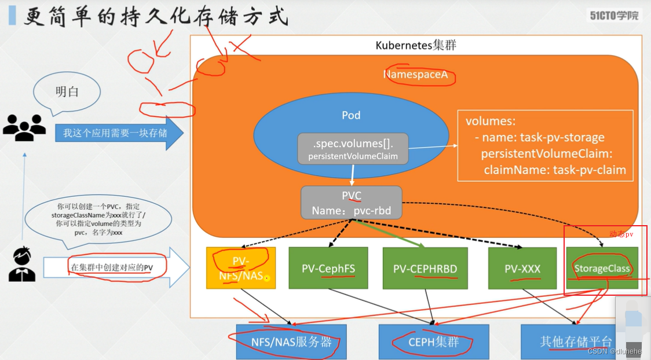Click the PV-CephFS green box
(328, 268)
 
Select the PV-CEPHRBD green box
(425, 268)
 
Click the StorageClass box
(602, 268)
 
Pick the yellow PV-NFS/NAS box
(240, 268)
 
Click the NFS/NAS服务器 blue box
(291, 341)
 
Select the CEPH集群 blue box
(434, 341)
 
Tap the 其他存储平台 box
(576, 341)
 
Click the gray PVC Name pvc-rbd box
(351, 203)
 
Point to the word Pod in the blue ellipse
(351, 116)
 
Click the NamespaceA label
(415, 75)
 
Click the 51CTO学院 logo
(615, 15)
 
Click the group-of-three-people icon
(24, 127)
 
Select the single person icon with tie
(22, 265)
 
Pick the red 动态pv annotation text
(621, 234)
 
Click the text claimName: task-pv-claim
(554, 170)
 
